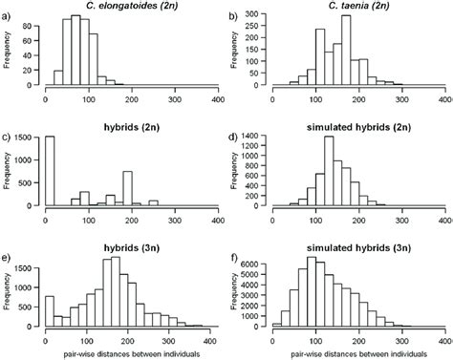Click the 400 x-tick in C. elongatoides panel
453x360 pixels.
tap(217, 98)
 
